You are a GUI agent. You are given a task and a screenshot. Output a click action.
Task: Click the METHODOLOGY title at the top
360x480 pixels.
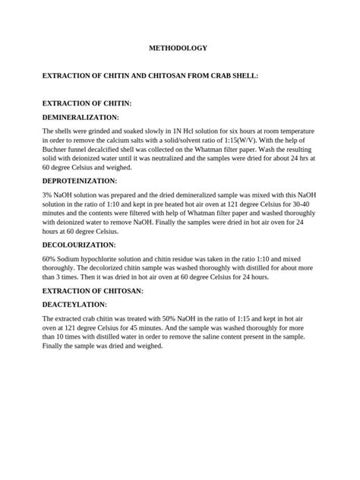tap(175, 48)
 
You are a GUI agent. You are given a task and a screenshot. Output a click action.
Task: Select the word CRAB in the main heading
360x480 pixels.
tap(229, 77)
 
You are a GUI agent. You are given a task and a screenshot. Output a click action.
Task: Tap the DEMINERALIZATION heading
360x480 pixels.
tap(81, 118)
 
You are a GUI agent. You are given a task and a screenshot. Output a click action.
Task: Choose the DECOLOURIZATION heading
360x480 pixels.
tap(79, 245)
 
